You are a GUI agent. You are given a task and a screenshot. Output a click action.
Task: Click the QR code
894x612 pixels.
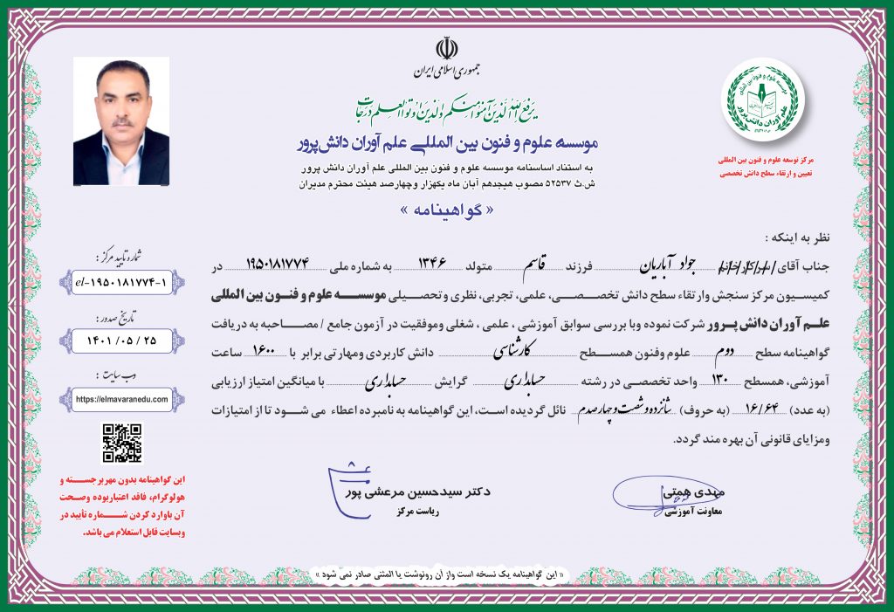(121, 443)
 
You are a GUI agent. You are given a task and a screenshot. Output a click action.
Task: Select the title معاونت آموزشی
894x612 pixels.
(672, 516)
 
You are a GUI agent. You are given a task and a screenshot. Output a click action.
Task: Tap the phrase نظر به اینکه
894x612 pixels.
(792, 237)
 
